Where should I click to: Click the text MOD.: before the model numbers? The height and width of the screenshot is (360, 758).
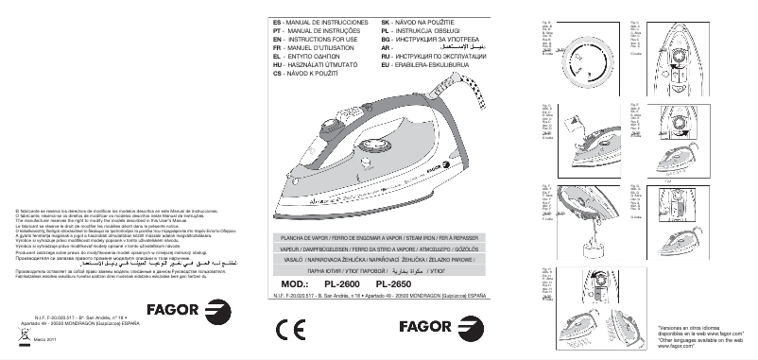tap(298, 283)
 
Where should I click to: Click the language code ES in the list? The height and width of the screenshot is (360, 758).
tap(277, 20)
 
